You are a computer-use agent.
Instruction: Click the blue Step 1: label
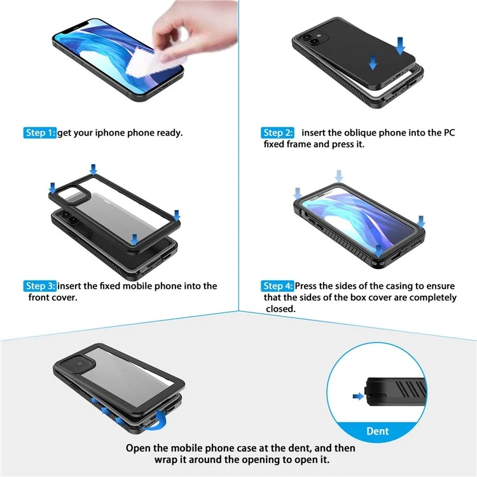click(39, 133)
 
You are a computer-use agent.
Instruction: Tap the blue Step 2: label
click(277, 133)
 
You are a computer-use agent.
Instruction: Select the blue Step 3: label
click(40, 286)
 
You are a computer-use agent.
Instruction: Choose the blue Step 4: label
click(278, 286)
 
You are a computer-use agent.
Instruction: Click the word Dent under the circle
click(378, 431)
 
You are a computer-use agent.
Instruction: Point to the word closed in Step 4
click(281, 309)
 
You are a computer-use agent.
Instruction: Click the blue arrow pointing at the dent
click(357, 396)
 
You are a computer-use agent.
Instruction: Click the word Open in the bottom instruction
click(137, 448)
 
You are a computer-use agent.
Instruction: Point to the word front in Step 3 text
click(40, 298)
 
